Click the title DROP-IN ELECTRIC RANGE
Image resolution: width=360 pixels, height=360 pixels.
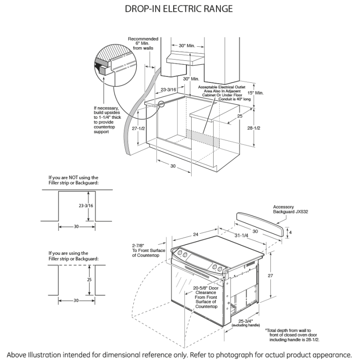pos(180,9)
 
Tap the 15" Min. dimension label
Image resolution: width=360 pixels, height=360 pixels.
pos(256,93)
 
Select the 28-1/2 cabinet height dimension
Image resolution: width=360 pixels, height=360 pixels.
pos(254,128)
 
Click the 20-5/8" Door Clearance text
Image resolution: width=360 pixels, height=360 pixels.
pos(206,297)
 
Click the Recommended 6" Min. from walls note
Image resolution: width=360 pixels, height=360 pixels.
pos(143,43)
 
